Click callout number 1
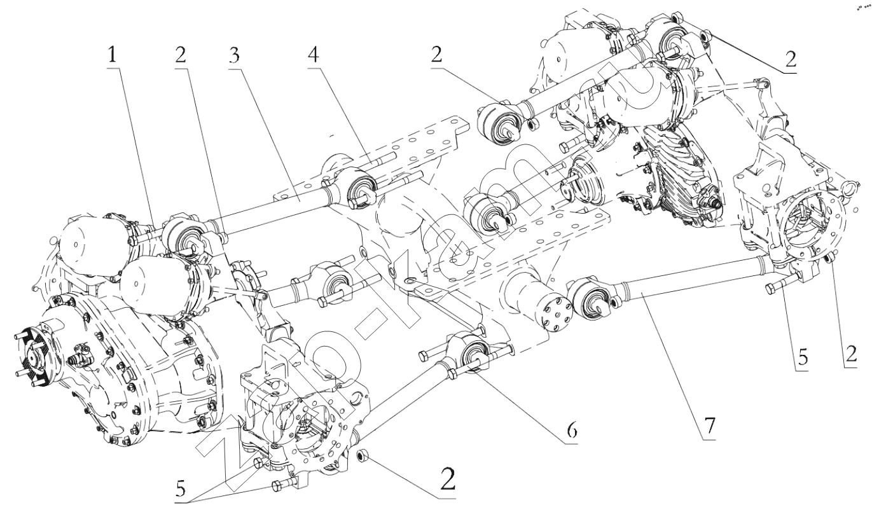tap(112, 56)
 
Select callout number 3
tap(235, 56)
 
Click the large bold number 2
tap(447, 478)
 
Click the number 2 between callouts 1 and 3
tap(181, 56)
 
